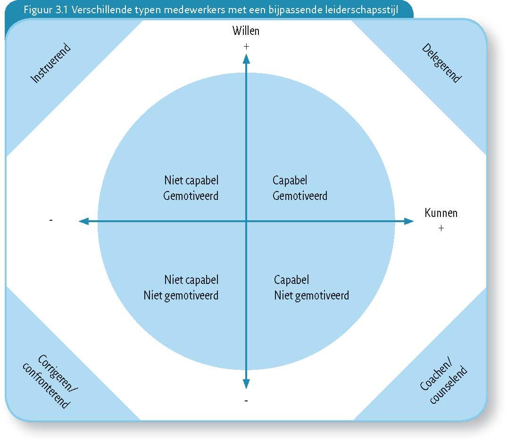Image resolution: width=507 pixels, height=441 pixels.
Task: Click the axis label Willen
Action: [246, 31]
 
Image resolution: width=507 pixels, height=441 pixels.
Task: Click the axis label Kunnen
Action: [441, 213]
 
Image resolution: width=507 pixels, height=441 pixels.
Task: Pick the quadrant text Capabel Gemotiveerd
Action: [299, 188]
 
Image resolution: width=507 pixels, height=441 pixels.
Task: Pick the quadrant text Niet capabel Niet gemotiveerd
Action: [181, 287]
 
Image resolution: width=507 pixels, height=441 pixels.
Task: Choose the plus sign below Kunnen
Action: [441, 228]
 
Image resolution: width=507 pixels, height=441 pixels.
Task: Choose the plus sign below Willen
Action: [246, 47]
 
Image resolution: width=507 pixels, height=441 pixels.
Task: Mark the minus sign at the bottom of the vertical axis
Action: [246, 401]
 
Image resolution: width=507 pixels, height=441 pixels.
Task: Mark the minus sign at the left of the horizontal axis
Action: [51, 220]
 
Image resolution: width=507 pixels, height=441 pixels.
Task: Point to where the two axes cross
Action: [246, 221]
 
